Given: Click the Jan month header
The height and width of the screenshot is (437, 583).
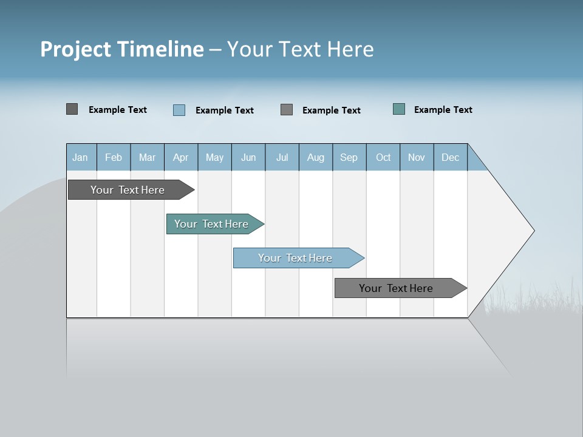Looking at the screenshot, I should point(81,157).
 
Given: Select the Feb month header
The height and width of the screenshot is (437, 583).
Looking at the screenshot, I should point(114,157).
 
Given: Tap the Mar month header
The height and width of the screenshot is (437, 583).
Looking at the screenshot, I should point(147,157).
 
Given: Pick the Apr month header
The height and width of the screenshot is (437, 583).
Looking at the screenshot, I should point(181,157).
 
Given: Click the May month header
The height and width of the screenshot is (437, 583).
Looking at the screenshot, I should point(214,157).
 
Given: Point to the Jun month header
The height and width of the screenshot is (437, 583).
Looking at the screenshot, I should point(248,157).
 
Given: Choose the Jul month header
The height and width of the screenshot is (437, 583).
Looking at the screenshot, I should point(282,157).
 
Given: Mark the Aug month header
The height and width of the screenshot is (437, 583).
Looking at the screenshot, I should point(316,157).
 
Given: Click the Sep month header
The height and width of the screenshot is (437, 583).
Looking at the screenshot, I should point(349,157).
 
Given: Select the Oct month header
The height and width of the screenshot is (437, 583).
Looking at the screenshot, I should point(383,157).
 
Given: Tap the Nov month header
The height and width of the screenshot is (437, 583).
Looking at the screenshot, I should point(417,157).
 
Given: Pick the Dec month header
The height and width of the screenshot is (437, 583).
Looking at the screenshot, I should point(451,157).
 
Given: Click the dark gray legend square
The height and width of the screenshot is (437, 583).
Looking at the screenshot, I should point(72,109).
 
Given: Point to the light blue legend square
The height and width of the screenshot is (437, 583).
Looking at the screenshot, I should point(179,110).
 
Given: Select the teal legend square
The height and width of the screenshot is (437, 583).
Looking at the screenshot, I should point(399,109).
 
